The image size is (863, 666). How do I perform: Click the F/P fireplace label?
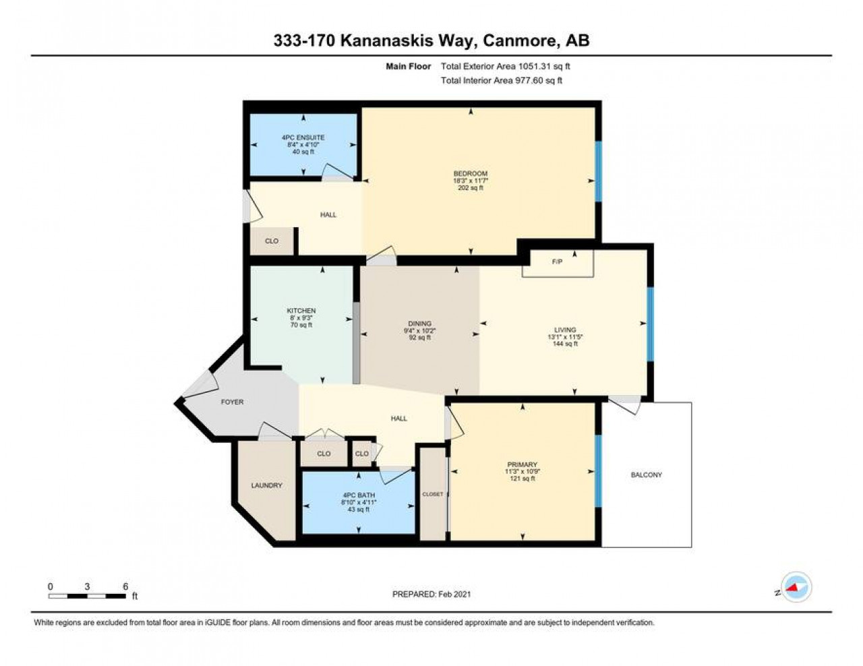point(557,262)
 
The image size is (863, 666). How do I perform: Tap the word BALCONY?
point(646,475)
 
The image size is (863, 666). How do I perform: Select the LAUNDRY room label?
point(266,485)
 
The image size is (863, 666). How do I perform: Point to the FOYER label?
point(232,402)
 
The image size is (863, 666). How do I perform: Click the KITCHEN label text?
point(301,311)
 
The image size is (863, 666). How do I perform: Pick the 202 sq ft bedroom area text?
point(470,188)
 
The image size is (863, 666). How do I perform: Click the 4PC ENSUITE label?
point(303,138)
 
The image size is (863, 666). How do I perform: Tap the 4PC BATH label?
point(359,495)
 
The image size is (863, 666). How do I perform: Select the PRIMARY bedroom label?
point(522,464)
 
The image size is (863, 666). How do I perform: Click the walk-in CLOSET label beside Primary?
point(432,494)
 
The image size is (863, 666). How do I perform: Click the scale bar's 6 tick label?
point(125,586)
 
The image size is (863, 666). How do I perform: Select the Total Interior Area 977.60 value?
point(529,81)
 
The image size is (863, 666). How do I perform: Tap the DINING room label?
point(419,324)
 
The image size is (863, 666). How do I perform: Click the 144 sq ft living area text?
point(565,344)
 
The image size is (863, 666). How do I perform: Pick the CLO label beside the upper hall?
point(272,241)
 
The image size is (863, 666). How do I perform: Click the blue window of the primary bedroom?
point(598,471)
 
